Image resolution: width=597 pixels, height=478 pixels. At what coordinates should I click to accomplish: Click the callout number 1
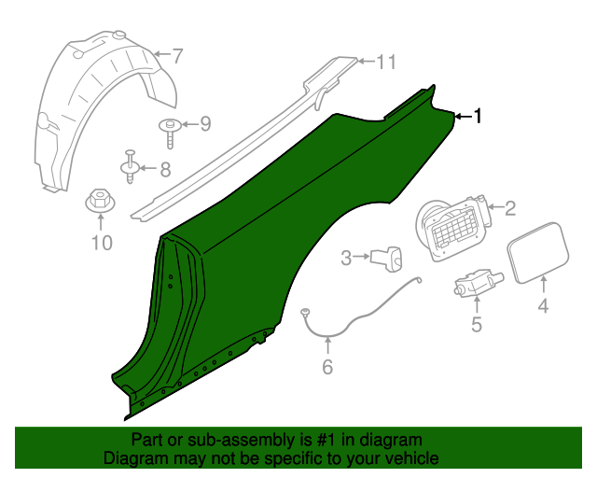(x=479, y=116)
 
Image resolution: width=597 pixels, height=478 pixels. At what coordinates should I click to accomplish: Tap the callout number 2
(x=510, y=208)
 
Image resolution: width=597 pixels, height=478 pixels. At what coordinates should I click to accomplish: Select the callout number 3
(x=345, y=258)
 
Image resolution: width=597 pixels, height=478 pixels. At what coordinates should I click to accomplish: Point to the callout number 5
(x=477, y=324)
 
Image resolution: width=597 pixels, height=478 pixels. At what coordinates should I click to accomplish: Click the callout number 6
(x=326, y=367)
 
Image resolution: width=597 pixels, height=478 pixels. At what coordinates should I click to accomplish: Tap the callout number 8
(x=164, y=169)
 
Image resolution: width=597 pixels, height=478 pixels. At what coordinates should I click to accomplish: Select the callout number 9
(x=205, y=123)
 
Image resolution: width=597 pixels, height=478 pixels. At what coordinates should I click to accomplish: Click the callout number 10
(x=101, y=244)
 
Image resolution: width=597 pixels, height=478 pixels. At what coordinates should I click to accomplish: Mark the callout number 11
(x=386, y=62)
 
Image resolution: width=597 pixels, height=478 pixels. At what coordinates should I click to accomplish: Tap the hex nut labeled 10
(x=98, y=201)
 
